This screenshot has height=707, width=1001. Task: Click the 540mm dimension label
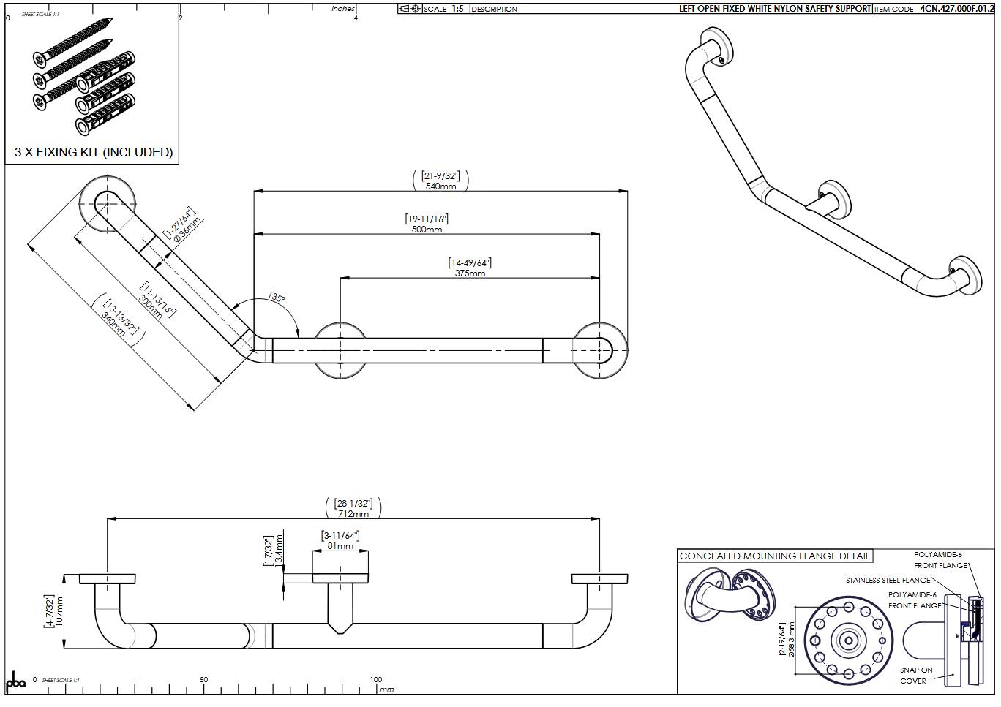click(440, 186)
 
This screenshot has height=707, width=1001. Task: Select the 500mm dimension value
click(427, 230)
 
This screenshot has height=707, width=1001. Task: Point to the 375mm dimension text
click(470, 273)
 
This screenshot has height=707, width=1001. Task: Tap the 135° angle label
click(276, 298)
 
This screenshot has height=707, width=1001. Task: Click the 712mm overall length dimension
click(353, 513)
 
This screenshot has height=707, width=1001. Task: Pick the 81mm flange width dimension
click(340, 546)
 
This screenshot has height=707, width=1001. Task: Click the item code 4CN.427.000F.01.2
click(956, 9)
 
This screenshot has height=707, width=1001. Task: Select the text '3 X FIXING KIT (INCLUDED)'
click(94, 152)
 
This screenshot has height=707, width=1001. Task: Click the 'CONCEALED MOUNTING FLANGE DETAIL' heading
click(775, 556)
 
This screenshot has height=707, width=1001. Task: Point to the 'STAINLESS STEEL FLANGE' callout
click(888, 581)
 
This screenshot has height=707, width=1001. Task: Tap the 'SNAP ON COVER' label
click(915, 675)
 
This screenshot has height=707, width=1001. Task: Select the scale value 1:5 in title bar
click(457, 9)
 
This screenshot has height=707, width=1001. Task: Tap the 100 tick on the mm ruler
click(375, 679)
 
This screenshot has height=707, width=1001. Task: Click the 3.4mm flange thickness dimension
click(278, 550)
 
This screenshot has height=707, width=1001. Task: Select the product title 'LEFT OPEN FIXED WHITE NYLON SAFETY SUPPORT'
click(774, 9)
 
